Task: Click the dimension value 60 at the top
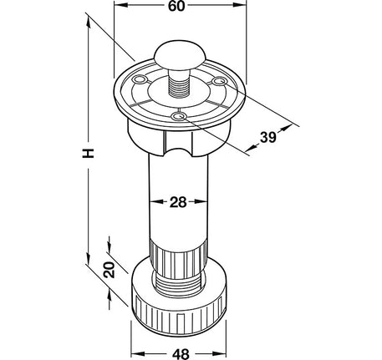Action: [176, 6]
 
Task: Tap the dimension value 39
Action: [268, 137]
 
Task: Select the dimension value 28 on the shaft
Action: [178, 202]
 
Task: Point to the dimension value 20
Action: [110, 270]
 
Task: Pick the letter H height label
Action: [89, 154]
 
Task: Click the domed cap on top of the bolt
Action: [180, 54]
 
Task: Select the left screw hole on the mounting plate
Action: [140, 80]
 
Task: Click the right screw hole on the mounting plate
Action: [218, 81]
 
